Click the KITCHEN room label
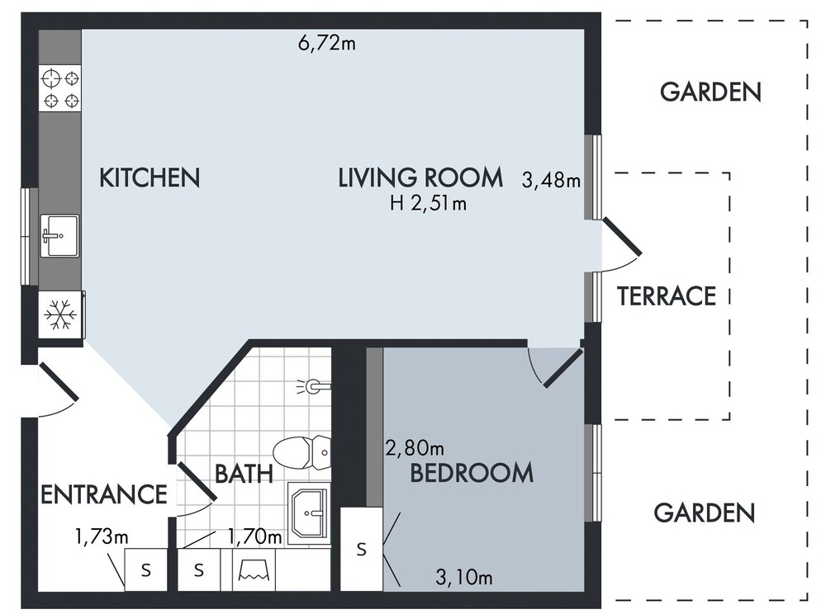(150, 177)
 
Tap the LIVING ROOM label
(420, 177)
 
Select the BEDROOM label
(472, 473)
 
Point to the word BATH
(244, 474)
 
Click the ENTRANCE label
(104, 494)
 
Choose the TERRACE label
(667, 296)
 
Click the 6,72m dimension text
(326, 43)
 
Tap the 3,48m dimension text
(551, 181)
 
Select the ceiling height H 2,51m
(428, 203)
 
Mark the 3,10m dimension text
(464, 578)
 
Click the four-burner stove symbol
(60, 87)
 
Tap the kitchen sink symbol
(60, 236)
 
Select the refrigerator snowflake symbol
(60, 315)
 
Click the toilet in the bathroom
(301, 452)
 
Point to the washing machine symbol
(254, 569)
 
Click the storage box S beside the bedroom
(362, 550)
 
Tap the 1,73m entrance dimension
(102, 537)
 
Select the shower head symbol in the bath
(313, 387)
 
